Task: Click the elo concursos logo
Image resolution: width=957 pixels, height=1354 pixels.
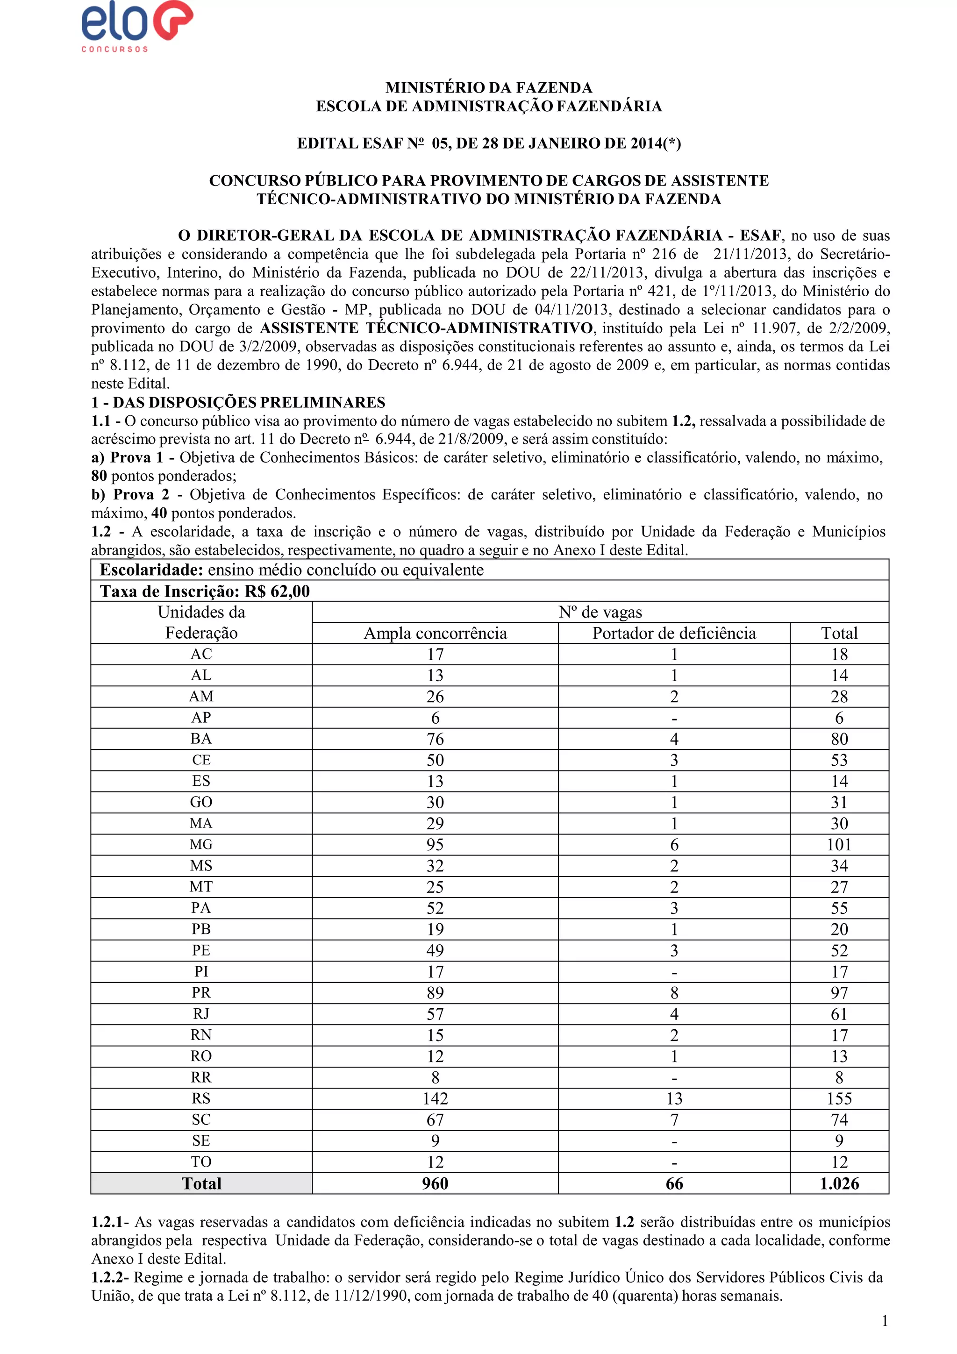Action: pyautogui.click(x=137, y=27)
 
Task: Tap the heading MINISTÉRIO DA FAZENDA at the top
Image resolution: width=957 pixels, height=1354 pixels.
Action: pyautogui.click(x=488, y=88)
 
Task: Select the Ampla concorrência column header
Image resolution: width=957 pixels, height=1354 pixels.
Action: pyautogui.click(x=435, y=634)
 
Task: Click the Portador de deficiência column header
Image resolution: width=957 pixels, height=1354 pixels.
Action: pyautogui.click(x=674, y=634)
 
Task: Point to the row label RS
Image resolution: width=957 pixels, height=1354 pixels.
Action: pyautogui.click(x=201, y=1098)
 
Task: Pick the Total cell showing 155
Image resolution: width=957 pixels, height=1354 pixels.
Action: pyautogui.click(x=839, y=1098)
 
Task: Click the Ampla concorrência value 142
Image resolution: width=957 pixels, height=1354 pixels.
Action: pyautogui.click(x=435, y=1098)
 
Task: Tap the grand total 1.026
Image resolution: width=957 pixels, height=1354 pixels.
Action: pyautogui.click(x=839, y=1183)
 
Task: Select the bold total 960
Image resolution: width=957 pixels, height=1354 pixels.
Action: pyautogui.click(x=435, y=1183)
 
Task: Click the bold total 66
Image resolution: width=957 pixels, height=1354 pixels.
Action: pyautogui.click(x=674, y=1183)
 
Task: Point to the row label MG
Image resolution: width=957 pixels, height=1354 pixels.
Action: pyautogui.click(x=201, y=844)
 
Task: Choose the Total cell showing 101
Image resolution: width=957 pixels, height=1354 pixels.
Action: pyautogui.click(x=839, y=844)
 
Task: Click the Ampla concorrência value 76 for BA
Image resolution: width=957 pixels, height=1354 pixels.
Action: pyautogui.click(x=435, y=739)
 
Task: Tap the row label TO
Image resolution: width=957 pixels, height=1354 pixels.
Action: pyautogui.click(x=201, y=1162)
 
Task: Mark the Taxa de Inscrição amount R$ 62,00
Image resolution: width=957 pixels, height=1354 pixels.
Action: pyautogui.click(x=277, y=591)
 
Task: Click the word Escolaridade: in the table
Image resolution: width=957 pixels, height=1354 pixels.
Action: pyautogui.click(x=151, y=570)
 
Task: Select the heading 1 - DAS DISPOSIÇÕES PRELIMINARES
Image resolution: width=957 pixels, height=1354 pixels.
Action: pyautogui.click(x=238, y=403)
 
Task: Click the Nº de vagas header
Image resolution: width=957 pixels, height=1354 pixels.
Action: pyautogui.click(x=600, y=612)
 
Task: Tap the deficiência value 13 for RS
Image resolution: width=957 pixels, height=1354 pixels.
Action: pyautogui.click(x=674, y=1098)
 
